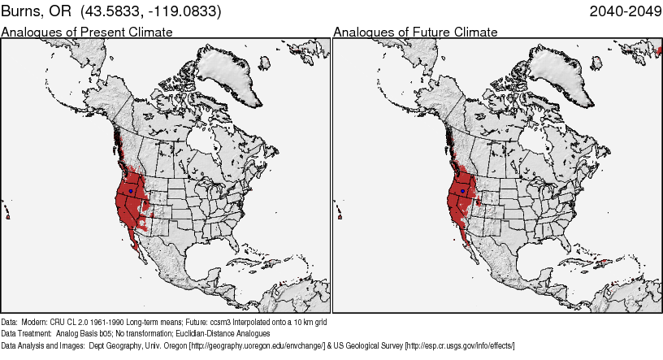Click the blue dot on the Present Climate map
130,191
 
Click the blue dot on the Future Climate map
463,191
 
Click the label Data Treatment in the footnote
27,333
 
